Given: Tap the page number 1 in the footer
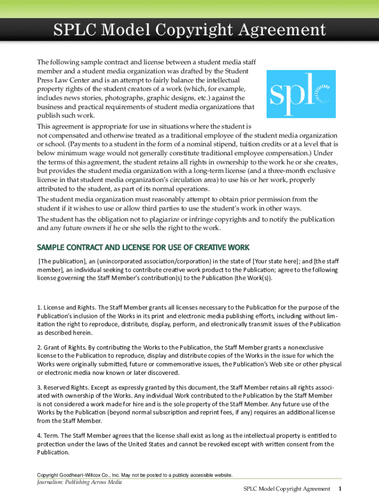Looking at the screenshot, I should [340, 489].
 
